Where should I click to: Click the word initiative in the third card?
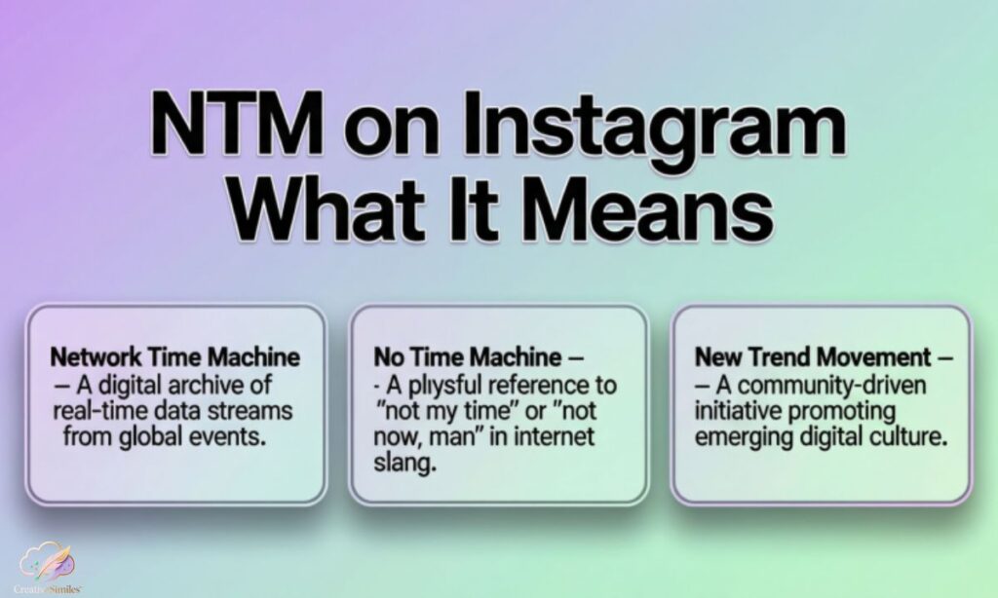(x=732, y=410)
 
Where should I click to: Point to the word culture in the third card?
(x=911, y=436)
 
